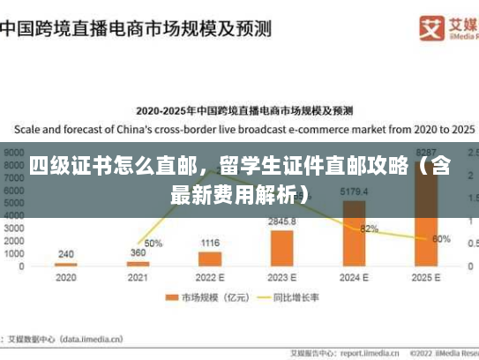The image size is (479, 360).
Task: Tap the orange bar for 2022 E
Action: (x=210, y=259)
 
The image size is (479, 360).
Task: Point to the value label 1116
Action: (x=210, y=243)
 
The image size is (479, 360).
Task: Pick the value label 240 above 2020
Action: (x=66, y=254)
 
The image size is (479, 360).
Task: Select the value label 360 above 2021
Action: (x=138, y=253)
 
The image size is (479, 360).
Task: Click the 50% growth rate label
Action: (x=153, y=243)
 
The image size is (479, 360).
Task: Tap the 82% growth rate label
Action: (x=369, y=229)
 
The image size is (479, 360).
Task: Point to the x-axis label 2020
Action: (x=66, y=277)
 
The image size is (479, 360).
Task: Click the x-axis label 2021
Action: (x=138, y=277)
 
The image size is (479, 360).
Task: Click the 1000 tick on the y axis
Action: (x=15, y=253)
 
